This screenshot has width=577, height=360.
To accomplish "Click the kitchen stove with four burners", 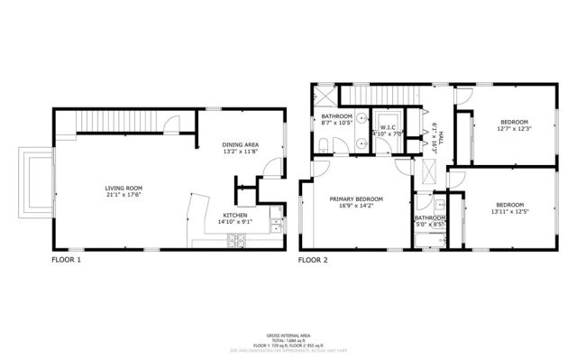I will (x=237, y=240).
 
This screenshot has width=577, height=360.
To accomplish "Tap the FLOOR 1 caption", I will (x=68, y=260).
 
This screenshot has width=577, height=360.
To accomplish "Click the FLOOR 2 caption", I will (x=315, y=260).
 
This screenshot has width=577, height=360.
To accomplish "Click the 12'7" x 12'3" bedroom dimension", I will (x=514, y=128).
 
